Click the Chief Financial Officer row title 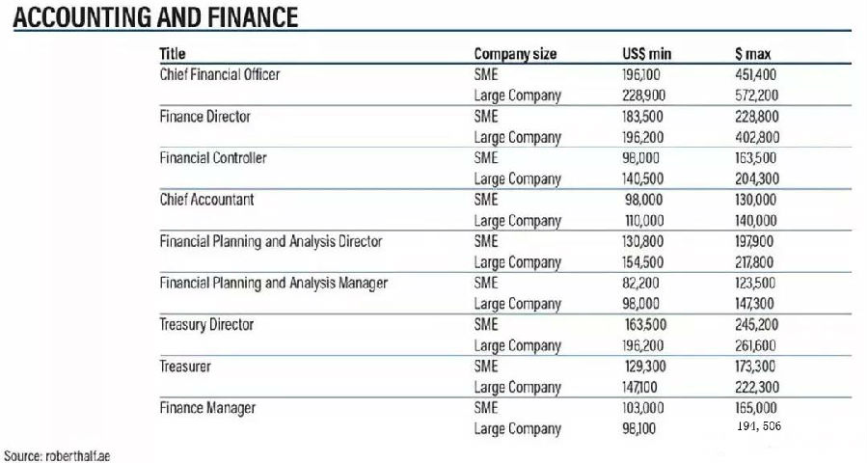coord(219,74)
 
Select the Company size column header coord(515,54)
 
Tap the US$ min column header coord(646,54)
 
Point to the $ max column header coord(753,54)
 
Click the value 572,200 coord(756,95)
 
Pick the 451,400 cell coord(756,74)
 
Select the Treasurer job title coord(185,367)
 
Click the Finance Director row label coord(204,117)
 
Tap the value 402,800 coord(757,137)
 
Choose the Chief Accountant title coord(207,200)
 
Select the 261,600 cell coord(756,345)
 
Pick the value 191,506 coord(759,425)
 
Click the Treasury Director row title coord(206,325)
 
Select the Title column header coord(173,54)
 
